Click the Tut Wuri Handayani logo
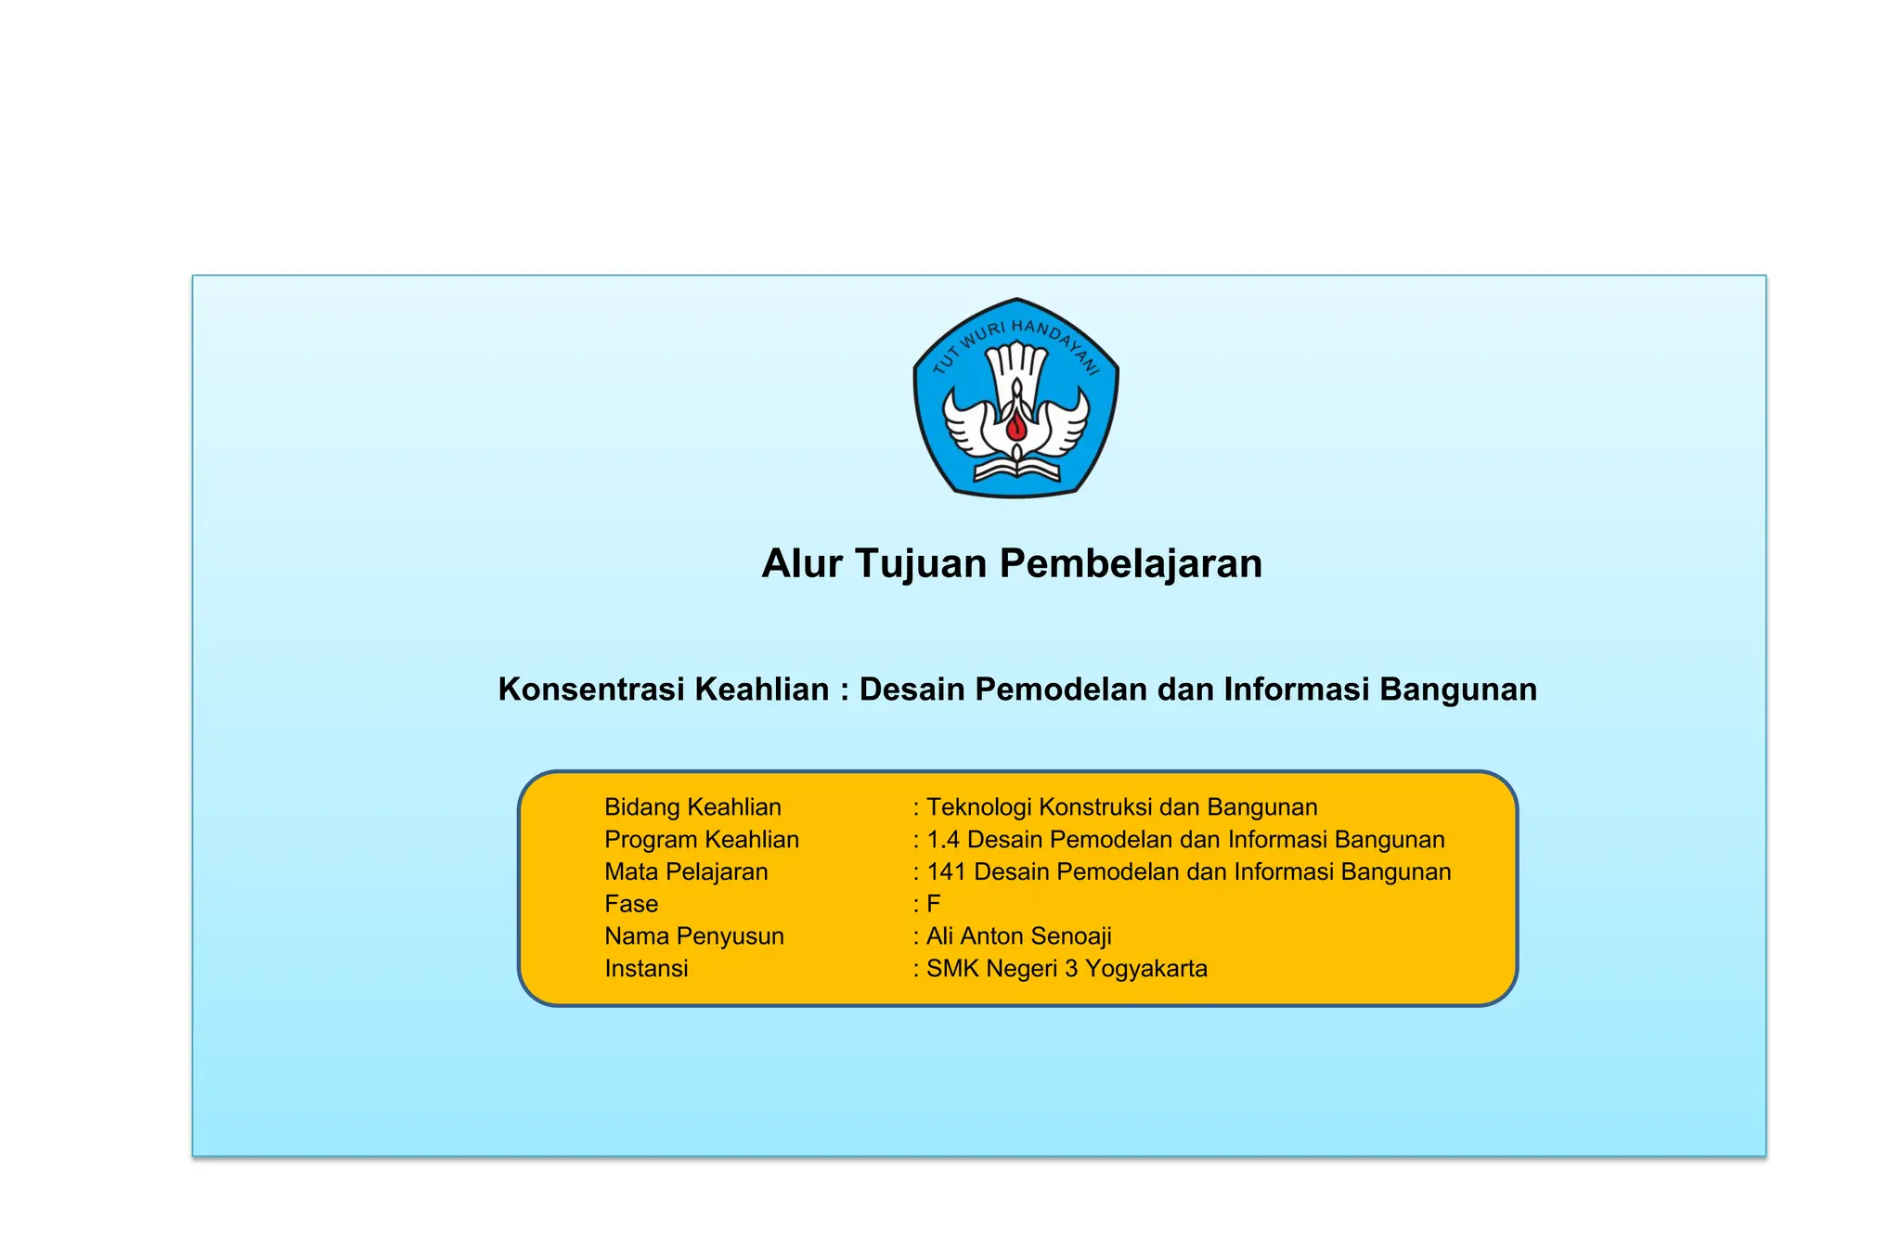tap(1015, 397)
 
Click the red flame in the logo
tap(1016, 427)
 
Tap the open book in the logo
tap(1016, 470)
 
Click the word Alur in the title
tap(801, 563)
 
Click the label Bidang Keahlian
tap(692, 807)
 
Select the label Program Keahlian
tap(701, 840)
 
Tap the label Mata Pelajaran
tap(686, 872)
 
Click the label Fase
tap(631, 904)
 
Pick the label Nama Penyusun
tap(693, 936)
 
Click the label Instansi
tap(646, 969)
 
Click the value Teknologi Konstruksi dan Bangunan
tap(1121, 807)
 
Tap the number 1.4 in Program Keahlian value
tap(942, 840)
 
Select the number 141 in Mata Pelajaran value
tap(946, 872)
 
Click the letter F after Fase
tap(933, 904)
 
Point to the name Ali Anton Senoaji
tap(1018, 936)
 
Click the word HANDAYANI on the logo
tap(1058, 344)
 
